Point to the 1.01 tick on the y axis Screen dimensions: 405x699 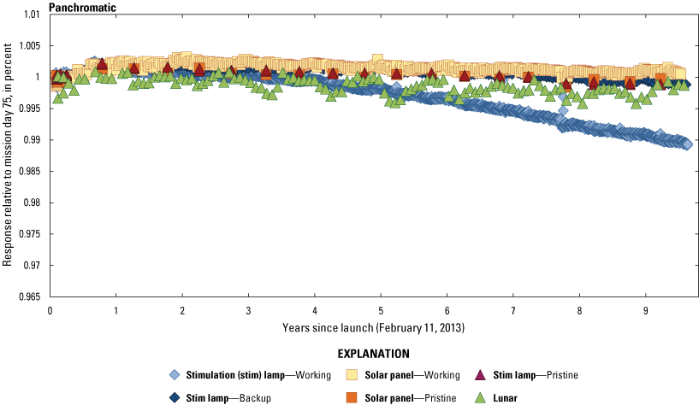click(31, 15)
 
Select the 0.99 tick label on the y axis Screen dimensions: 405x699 click(31, 140)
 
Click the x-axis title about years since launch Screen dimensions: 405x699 click(374, 328)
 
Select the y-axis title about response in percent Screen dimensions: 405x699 click(9, 156)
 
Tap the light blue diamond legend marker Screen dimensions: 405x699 click(174, 375)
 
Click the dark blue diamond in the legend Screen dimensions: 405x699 click(174, 397)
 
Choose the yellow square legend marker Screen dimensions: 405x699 click(351, 375)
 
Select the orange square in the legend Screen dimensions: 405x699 click(351, 397)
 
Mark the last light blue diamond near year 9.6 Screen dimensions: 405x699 click(688, 144)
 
